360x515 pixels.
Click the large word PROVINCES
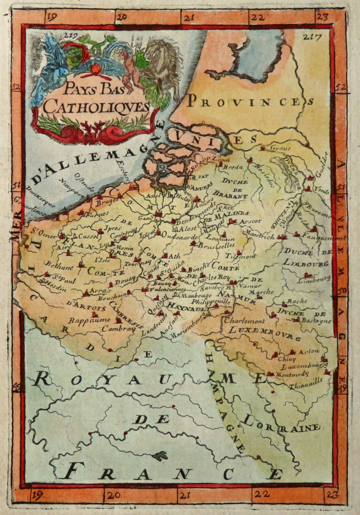[250, 101]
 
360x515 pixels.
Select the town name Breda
[233, 167]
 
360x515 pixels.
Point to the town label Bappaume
[89, 320]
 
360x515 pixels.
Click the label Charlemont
[245, 321]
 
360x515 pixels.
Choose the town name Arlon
[309, 351]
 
